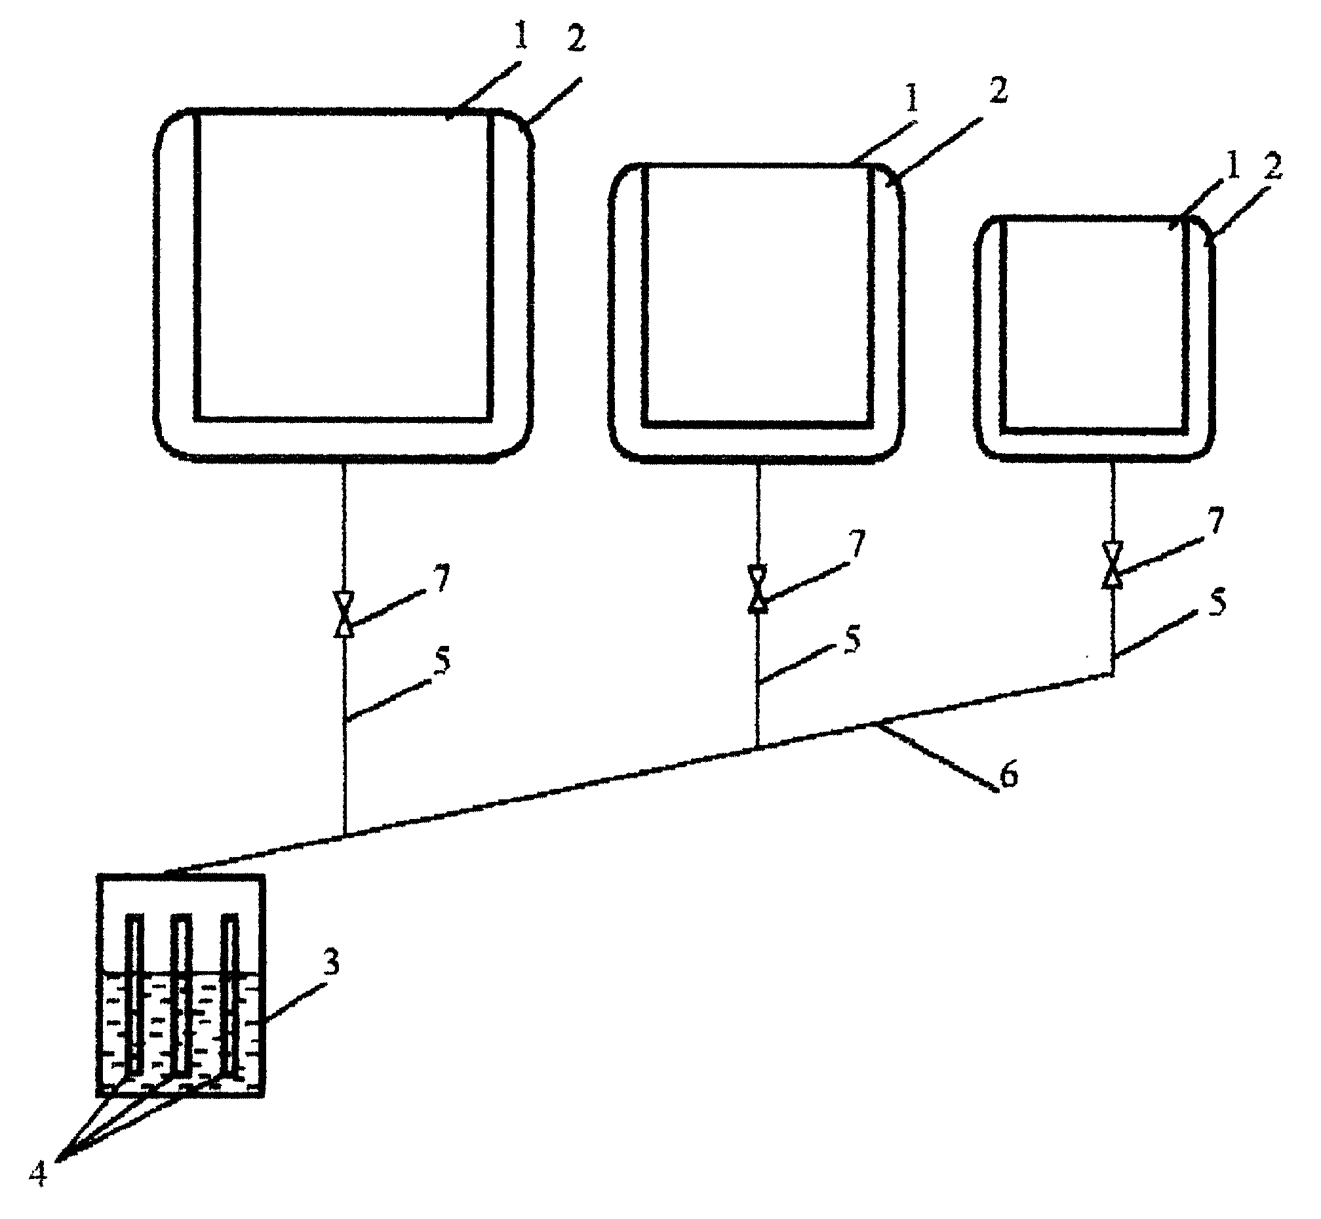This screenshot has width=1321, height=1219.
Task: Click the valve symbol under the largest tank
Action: pyautogui.click(x=344, y=614)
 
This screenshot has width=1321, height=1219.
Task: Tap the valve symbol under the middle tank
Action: pyautogui.click(x=757, y=589)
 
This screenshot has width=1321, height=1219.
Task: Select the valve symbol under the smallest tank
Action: pyautogui.click(x=1113, y=564)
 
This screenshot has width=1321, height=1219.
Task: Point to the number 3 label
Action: pyautogui.click(x=332, y=964)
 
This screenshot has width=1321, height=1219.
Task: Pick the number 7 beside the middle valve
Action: pyautogui.click(x=856, y=545)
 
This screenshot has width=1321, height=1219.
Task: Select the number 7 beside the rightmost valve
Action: pyautogui.click(x=1215, y=521)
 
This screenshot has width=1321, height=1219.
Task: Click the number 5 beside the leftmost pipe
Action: pyautogui.click(x=442, y=660)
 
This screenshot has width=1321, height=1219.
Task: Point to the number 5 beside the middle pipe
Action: pyautogui.click(x=853, y=639)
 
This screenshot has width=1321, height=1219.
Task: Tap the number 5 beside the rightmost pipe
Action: pyautogui.click(x=1217, y=603)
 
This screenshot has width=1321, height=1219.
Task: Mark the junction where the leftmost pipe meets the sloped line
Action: pyautogui.click(x=344, y=835)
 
